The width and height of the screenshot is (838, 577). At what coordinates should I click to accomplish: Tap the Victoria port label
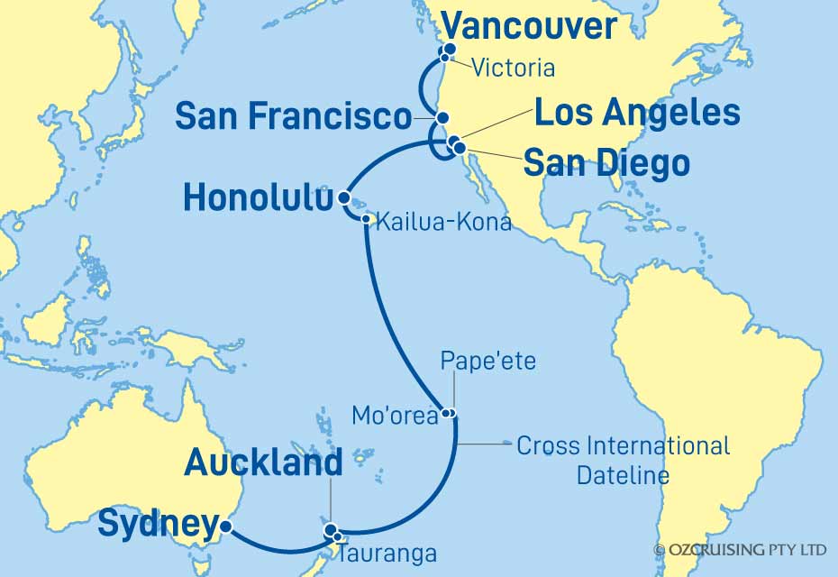point(513,68)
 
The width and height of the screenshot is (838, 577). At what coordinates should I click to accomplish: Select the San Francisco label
point(293,115)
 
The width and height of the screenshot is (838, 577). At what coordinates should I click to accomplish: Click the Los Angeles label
point(637,114)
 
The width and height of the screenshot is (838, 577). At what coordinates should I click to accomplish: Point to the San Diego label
point(606,164)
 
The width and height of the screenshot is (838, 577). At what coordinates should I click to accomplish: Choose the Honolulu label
point(256,198)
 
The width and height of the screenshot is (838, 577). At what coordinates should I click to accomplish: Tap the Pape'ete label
point(487,362)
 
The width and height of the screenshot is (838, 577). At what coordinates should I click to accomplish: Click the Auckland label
point(263,464)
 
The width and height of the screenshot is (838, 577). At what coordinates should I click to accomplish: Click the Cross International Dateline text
point(623,459)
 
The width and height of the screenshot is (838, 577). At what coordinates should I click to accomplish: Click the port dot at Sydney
point(226,527)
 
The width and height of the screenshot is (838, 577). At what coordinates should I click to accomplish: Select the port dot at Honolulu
point(343,197)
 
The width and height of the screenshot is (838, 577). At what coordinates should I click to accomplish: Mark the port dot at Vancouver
point(447,51)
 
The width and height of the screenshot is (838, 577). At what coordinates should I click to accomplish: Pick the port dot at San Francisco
point(442,118)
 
